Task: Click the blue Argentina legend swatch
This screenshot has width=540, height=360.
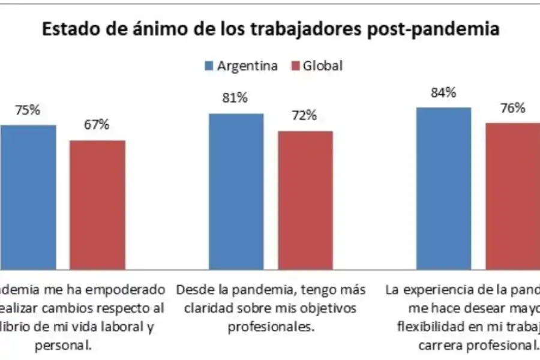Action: (209, 66)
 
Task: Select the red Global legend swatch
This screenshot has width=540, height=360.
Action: (296, 66)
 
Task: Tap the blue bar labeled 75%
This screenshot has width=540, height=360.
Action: (28, 198)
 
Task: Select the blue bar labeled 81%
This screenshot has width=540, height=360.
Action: (236, 192)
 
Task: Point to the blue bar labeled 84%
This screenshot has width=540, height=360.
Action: (443, 189)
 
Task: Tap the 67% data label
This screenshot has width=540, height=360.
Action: (97, 125)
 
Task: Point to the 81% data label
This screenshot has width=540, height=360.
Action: (236, 98)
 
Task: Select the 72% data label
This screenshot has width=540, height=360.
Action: (305, 115)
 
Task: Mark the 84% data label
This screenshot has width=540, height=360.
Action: (443, 92)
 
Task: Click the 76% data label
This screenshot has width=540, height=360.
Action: (513, 108)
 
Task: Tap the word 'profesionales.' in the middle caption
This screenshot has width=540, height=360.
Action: (271, 328)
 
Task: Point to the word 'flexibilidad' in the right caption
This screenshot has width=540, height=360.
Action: (427, 327)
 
